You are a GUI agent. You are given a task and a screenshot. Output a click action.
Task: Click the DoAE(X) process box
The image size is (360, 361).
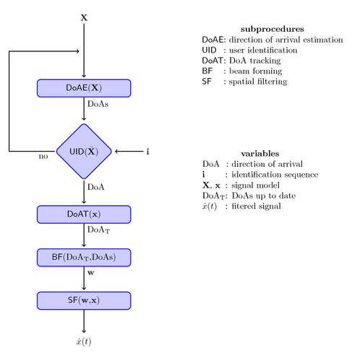(84, 88)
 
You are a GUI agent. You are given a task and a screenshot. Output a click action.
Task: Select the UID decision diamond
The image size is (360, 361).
(84, 152)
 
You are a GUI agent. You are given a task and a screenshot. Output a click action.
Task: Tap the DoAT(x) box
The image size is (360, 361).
(84, 214)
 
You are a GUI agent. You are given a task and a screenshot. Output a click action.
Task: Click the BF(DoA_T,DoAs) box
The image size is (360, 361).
(84, 257)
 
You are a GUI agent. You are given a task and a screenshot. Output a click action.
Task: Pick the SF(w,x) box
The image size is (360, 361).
(84, 300)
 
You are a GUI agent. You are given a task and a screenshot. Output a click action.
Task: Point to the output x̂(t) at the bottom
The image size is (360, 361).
(84, 341)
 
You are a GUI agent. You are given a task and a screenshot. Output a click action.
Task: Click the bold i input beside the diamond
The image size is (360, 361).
(148, 152)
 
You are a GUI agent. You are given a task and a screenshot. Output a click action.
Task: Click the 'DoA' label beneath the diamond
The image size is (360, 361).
(96, 187)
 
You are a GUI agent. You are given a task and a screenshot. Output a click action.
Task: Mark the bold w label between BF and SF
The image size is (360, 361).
(90, 274)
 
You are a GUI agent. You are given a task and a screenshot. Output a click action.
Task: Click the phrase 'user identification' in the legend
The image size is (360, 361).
(265, 51)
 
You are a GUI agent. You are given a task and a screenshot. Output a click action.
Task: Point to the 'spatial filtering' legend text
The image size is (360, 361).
(260, 82)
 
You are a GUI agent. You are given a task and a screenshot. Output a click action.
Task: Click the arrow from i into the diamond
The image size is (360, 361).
(129, 152)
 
